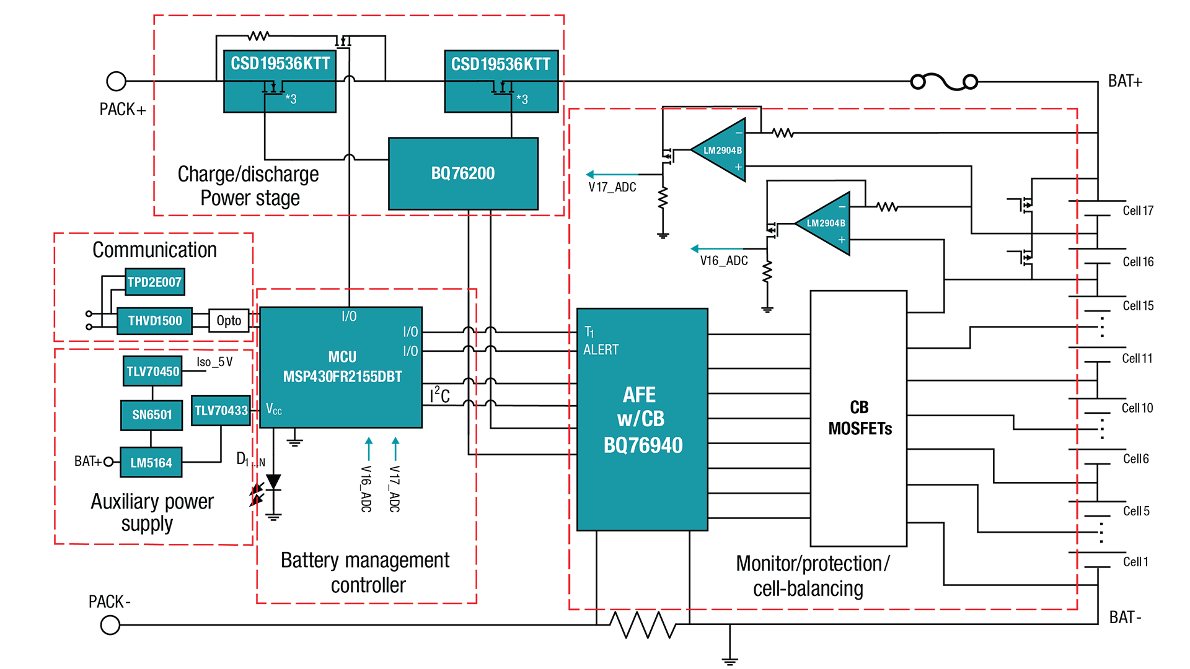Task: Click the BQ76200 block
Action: pos(463,173)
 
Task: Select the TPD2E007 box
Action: pos(154,282)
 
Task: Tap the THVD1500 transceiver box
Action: pos(154,321)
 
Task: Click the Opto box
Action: pos(229,321)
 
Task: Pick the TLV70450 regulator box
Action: pos(152,371)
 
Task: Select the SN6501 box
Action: pos(152,414)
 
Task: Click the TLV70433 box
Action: pos(221,411)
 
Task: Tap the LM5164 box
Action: pos(151,463)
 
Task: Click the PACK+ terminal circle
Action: pos(116,81)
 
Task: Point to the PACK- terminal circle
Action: pos(110,625)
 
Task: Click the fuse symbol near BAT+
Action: pos(944,82)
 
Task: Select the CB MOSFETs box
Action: pos(859,418)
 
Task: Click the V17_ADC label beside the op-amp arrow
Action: pos(612,187)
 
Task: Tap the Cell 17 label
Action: pos(1138,211)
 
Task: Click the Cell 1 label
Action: pos(1135,562)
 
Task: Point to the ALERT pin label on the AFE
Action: pos(601,350)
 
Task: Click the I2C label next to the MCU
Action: pos(439,395)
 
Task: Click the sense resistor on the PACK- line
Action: pos(643,624)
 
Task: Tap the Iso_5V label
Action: pos(214,362)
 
